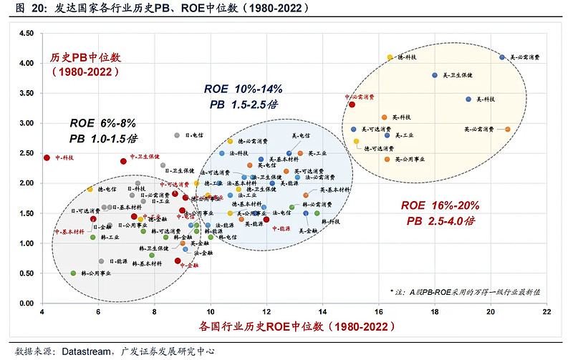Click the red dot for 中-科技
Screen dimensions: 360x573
click(47, 157)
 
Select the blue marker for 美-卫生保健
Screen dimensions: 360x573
click(435, 75)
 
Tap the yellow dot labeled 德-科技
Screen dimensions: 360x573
click(390, 57)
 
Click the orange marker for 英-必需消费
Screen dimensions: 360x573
click(508, 130)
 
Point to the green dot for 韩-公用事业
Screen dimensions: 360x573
click(73, 273)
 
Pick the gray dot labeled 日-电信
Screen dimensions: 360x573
click(177, 135)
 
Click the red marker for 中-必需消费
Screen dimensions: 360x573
click(352, 104)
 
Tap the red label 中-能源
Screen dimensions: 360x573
click(279, 228)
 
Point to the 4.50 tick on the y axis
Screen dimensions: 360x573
click(27, 33)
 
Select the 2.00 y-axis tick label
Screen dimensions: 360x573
click(27, 183)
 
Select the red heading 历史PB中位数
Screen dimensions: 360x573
click(85, 57)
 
